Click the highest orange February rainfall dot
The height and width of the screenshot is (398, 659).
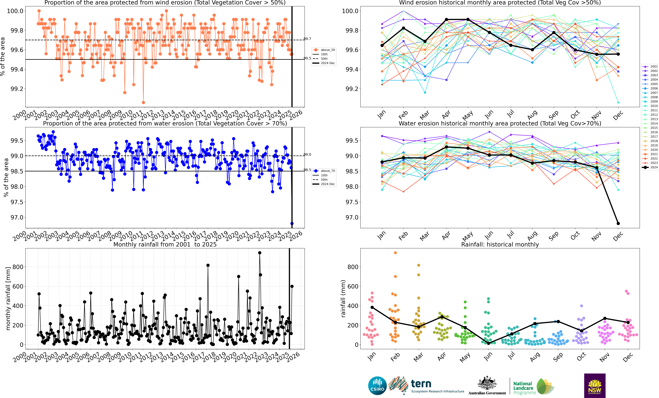point(395,253)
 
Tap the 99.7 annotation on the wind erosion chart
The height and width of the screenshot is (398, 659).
point(307,39)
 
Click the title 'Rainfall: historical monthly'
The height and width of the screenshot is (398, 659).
point(500,244)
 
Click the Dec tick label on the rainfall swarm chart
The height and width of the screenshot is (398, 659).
point(628,357)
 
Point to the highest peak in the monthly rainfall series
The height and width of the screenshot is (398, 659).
point(259,253)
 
